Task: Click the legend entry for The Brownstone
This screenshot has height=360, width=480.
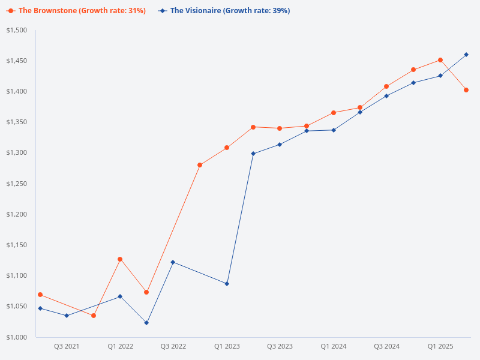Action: (x=76, y=11)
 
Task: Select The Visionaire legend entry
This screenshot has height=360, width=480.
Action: (x=224, y=11)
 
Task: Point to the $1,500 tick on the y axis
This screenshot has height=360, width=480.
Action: (x=17, y=30)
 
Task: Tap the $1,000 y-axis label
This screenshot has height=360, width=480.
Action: (x=17, y=337)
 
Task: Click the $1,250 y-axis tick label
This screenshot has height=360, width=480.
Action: (x=17, y=184)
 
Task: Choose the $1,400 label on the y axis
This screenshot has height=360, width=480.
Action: (x=17, y=91)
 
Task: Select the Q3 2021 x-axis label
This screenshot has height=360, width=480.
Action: (x=67, y=347)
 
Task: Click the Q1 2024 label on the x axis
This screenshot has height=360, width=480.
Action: (x=333, y=347)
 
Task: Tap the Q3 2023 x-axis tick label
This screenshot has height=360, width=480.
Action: (x=280, y=347)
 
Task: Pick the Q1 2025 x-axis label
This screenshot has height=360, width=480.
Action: (x=440, y=347)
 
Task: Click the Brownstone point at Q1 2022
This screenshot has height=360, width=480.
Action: (x=120, y=259)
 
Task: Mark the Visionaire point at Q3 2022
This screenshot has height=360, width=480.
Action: (x=173, y=262)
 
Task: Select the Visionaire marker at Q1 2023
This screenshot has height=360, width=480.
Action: (x=227, y=284)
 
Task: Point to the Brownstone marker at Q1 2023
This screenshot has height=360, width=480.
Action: (x=227, y=148)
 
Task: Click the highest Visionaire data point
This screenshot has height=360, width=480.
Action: (x=466, y=55)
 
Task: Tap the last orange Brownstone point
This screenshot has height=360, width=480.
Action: (x=466, y=90)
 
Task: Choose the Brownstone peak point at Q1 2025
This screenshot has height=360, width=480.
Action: (x=440, y=60)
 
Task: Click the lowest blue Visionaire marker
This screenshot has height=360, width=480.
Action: (x=146, y=323)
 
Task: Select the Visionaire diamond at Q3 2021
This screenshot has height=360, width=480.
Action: (x=67, y=316)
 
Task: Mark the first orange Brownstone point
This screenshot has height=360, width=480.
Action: (x=40, y=295)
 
